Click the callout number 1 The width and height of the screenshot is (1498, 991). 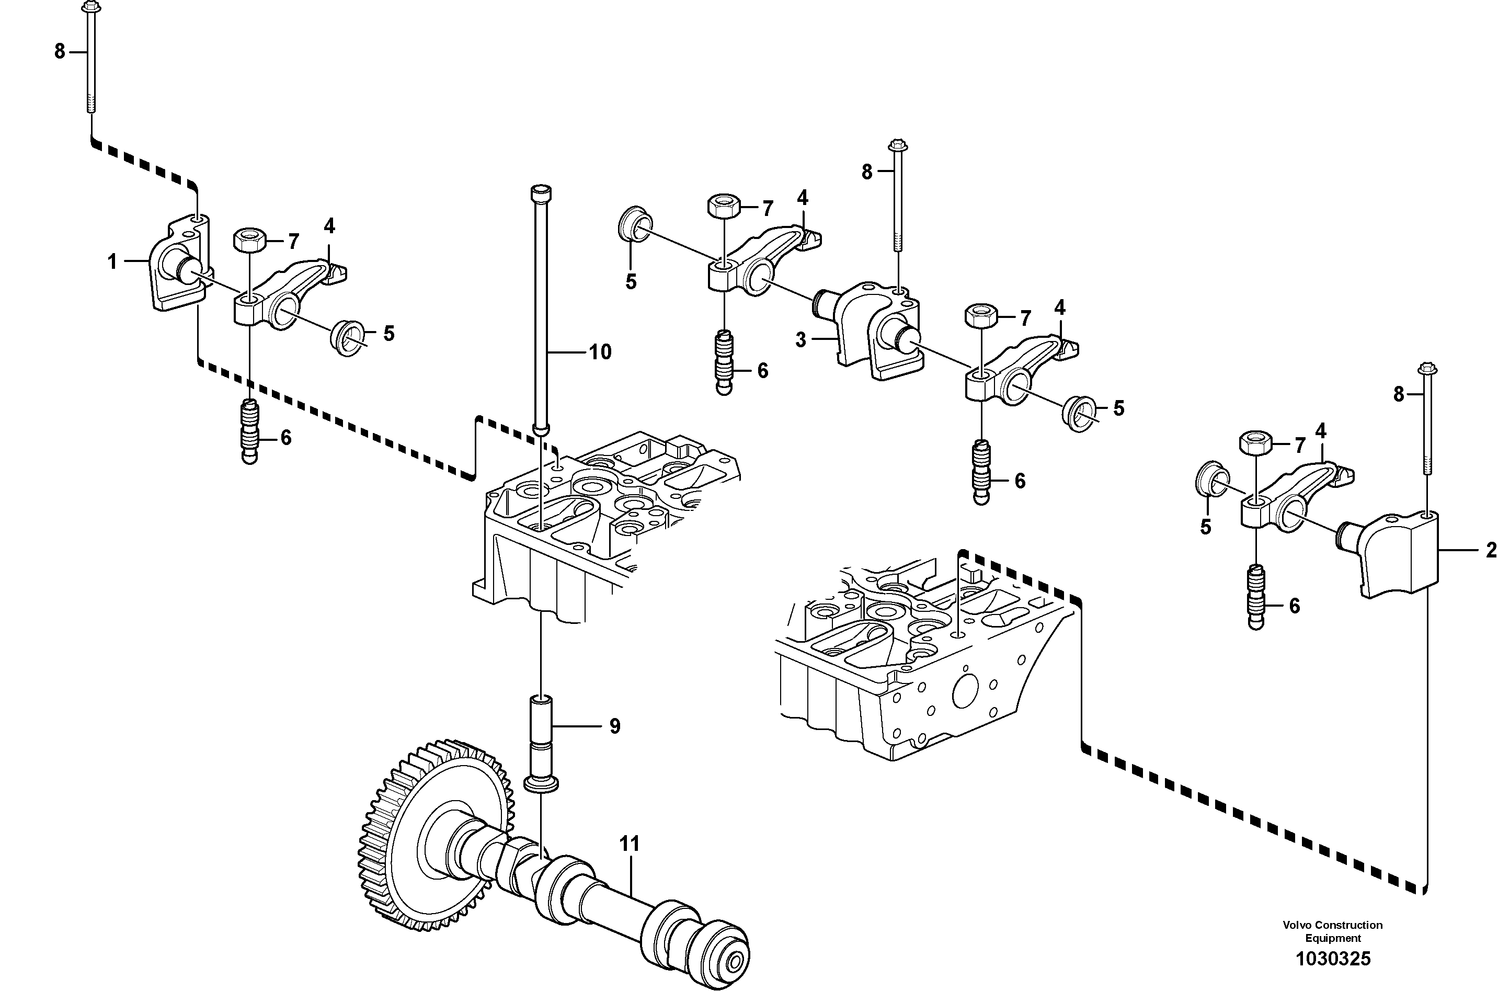click(112, 261)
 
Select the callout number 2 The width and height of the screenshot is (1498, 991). click(1490, 551)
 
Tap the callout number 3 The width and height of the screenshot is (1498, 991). click(801, 340)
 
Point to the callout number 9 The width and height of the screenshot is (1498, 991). click(615, 726)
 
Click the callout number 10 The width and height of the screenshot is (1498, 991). click(600, 352)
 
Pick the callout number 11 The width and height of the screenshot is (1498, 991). click(630, 844)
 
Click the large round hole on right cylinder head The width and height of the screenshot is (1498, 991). click(965, 692)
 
